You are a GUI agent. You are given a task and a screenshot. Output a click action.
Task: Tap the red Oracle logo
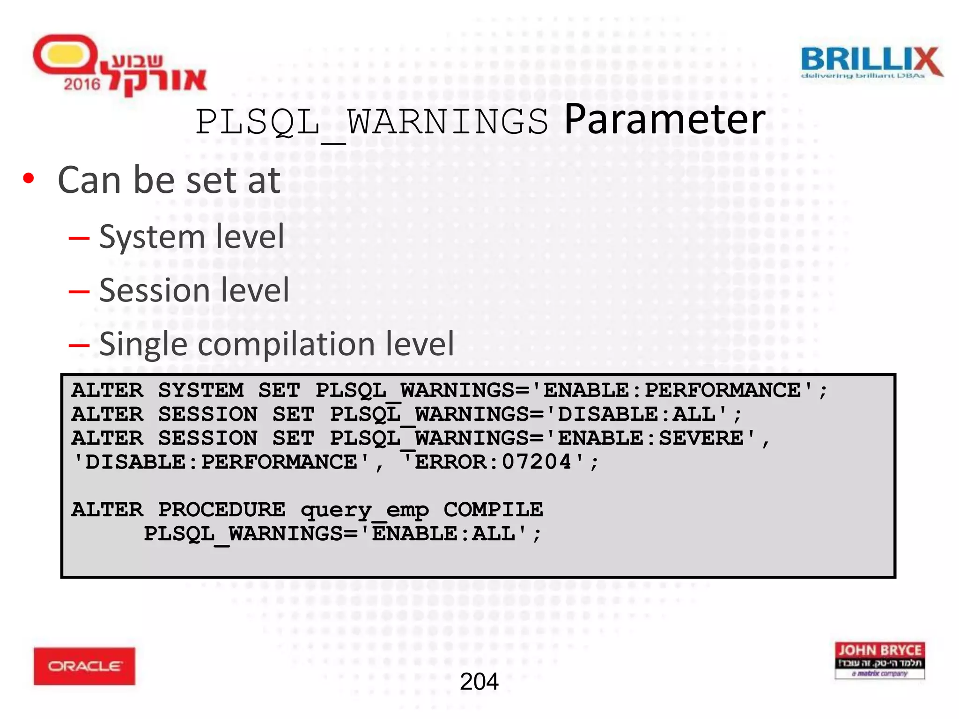tap(84, 666)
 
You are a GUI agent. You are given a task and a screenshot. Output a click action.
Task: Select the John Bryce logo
tap(879, 660)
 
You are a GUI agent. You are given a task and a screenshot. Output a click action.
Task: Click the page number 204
tap(479, 682)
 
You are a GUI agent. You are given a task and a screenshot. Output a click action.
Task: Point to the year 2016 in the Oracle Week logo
tap(82, 85)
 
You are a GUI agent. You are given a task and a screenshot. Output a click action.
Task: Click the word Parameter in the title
tap(664, 120)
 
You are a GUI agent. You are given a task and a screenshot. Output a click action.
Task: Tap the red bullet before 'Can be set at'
tap(29, 178)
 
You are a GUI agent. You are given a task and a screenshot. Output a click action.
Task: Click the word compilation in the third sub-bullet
tap(285, 344)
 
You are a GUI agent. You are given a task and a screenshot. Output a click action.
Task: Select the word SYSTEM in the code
tap(201, 390)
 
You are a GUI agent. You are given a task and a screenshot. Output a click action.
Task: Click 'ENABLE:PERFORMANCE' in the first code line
tap(672, 390)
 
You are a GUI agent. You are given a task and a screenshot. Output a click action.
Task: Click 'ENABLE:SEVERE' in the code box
tap(650, 438)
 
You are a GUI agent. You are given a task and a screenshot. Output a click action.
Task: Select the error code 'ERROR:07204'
tap(493, 462)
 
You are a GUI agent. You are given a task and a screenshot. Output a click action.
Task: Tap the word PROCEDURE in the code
tap(221, 509)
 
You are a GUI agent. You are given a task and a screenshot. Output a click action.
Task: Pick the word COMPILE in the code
tap(493, 509)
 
